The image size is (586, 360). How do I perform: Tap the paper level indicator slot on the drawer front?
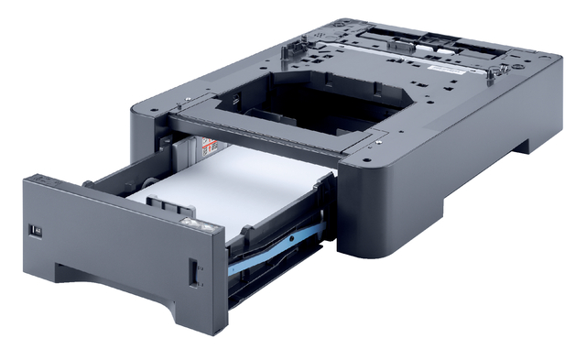(x=193, y=272)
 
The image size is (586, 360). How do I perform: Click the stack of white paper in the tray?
(x=229, y=180)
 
